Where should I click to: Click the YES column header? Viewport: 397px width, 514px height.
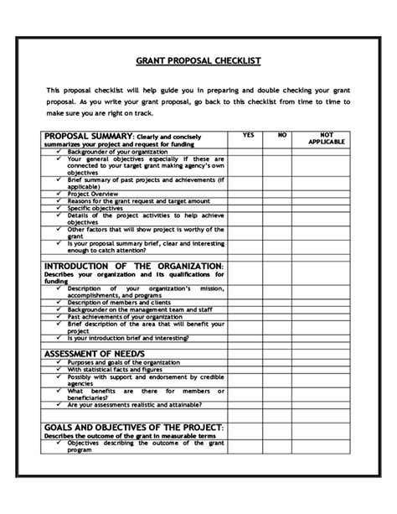pos(248,134)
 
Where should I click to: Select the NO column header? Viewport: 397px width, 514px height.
pos(282,134)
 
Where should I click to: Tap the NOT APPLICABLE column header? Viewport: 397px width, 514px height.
pos(326,138)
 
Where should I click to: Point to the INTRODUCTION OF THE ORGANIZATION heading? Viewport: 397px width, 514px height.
pos(133,266)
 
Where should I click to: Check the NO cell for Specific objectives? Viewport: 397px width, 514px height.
pos(282,207)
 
